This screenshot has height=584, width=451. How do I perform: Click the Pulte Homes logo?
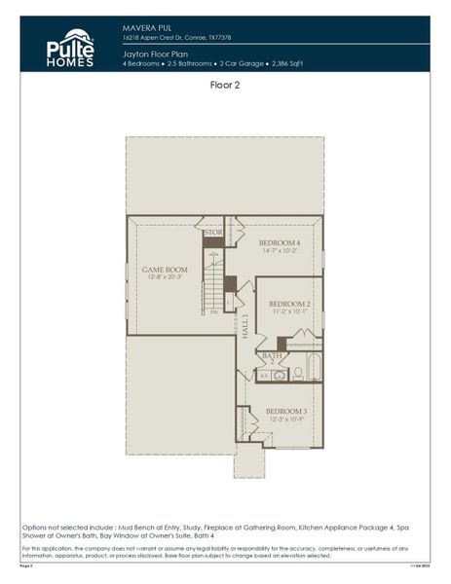click(70, 46)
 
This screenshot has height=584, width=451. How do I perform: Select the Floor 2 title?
click(225, 85)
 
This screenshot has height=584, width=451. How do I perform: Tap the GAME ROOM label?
click(164, 270)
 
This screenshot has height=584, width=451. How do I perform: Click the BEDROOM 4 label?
click(278, 242)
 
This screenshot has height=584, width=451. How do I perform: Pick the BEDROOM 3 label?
click(285, 412)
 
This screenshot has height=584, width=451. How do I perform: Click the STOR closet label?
click(212, 234)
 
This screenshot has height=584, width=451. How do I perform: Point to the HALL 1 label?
click(245, 325)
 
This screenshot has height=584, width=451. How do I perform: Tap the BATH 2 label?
click(273, 358)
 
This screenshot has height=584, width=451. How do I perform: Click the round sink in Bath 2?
click(279, 375)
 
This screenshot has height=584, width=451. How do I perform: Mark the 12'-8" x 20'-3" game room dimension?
click(164, 277)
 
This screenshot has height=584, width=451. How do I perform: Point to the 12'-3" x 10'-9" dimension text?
click(285, 420)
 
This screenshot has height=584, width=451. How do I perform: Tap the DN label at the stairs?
click(213, 312)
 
